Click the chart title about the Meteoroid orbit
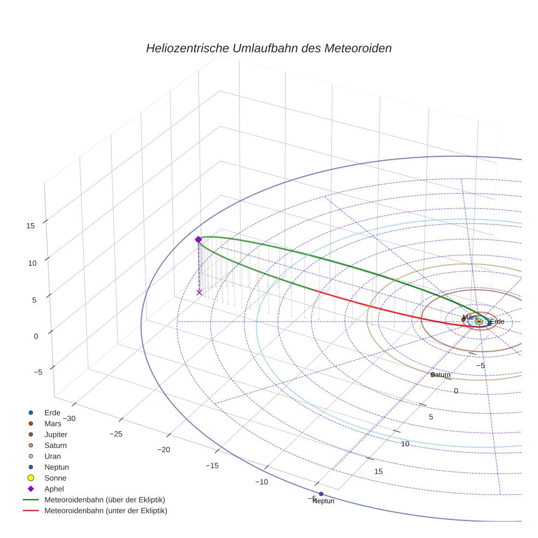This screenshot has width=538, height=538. click(x=268, y=48)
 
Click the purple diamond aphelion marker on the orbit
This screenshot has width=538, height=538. click(x=198, y=239)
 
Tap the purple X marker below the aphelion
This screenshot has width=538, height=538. click(x=199, y=293)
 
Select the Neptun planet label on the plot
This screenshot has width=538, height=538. click(x=323, y=501)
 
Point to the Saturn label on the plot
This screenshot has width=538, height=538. click(x=441, y=375)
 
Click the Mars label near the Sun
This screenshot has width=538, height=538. click(x=470, y=317)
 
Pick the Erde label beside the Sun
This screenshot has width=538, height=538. click(x=497, y=322)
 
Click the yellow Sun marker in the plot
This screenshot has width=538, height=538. click(x=479, y=321)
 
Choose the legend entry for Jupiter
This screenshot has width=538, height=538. click(x=56, y=434)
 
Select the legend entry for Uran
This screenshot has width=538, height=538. click(x=52, y=456)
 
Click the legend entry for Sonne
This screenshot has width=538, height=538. click(x=55, y=478)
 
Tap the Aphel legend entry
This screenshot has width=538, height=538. click(x=54, y=489)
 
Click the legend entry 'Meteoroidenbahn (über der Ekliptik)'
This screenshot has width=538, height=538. click(x=104, y=500)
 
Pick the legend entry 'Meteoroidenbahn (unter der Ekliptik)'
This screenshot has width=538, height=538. click(x=106, y=511)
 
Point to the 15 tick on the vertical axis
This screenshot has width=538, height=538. click(x=31, y=225)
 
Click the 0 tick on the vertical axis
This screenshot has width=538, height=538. click(x=36, y=336)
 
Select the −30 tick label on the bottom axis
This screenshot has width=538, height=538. click(x=69, y=418)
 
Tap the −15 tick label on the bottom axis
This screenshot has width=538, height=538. click(x=212, y=465)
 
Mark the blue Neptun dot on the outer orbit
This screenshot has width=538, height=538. click(x=321, y=494)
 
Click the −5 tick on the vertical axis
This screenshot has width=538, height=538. click(x=38, y=372)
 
